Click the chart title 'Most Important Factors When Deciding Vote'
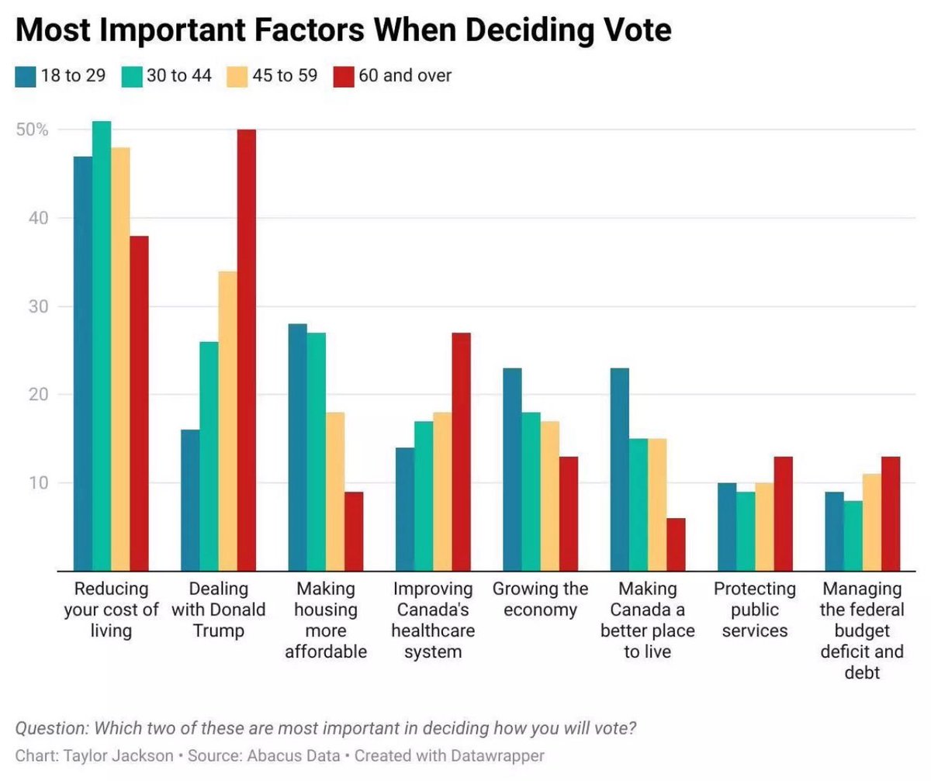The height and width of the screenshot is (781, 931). click(343, 30)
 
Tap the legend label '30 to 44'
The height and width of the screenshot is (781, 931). click(180, 76)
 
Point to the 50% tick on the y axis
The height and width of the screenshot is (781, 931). click(33, 130)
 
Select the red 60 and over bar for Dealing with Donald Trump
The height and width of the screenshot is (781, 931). click(246, 350)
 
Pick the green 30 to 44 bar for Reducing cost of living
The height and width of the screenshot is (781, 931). click(102, 346)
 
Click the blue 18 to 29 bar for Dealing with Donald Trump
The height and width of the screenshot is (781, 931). click(190, 500)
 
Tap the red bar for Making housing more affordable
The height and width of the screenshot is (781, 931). click(354, 531)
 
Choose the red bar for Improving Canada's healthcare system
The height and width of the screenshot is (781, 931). click(461, 451)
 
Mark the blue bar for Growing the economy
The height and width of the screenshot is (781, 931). click(512, 469)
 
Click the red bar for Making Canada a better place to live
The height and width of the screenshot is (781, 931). click(676, 544)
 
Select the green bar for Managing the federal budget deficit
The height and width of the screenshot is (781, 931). click(853, 536)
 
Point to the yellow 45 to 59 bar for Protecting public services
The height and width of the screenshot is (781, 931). click(764, 527)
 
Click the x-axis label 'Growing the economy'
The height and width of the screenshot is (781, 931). click(540, 600)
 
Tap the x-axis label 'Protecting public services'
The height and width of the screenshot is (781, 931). click(754, 610)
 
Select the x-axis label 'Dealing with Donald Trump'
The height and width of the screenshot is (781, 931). click(218, 610)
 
